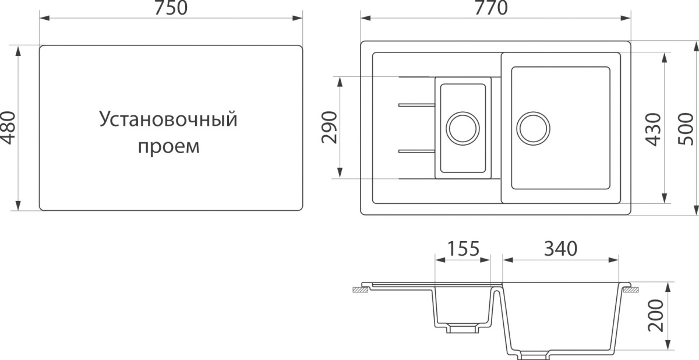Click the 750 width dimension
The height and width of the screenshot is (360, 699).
tap(171, 8)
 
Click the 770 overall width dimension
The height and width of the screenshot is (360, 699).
tap(491, 8)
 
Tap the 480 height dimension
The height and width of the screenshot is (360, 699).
tap(8, 128)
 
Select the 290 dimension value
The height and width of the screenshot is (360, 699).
tap(330, 127)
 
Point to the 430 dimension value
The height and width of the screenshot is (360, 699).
tap(654, 129)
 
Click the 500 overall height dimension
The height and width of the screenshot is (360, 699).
tap(686, 129)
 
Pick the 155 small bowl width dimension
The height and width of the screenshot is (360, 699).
tap(464, 249)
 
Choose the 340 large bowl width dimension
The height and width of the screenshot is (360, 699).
tap(561, 249)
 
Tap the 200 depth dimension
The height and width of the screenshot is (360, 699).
tap(655, 315)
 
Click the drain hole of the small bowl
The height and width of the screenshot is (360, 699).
tap(463, 129)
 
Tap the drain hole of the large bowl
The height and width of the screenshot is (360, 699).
tap(534, 129)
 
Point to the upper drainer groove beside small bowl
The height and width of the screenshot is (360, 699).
tap(417, 105)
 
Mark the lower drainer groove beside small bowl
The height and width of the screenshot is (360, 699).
tap(417, 151)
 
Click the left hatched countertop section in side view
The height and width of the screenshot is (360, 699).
tap(361, 290)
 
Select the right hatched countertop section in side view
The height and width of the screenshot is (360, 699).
tap(631, 290)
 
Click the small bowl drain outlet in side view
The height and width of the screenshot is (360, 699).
tap(463, 329)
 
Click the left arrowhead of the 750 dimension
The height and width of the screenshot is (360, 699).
tap(45, 18)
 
